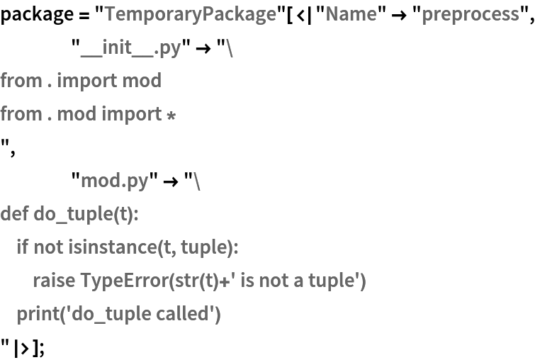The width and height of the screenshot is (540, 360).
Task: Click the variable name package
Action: pos(37,15)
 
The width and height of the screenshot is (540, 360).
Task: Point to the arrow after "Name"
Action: pos(399,16)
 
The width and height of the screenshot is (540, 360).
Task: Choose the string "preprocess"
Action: pos(471,15)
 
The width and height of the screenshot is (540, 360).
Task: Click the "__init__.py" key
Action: pos(130,48)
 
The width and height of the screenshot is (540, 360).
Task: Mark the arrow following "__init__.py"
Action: pos(203,49)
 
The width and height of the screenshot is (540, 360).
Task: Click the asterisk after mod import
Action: pos(171,116)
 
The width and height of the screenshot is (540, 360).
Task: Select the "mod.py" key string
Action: pos(114,180)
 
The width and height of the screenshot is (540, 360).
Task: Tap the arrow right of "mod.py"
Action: pos(171,181)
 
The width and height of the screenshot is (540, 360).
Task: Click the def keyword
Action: pos(14,213)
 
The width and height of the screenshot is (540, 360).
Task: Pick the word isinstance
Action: pos(113,247)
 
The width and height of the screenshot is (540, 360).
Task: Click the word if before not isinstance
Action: pos(23,247)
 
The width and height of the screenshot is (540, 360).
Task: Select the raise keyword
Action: pos(54,280)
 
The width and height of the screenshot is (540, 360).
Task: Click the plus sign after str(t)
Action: pos(225,282)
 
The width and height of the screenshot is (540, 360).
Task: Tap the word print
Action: pos(38,314)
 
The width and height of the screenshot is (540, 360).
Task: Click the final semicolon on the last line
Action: pos(41,349)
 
